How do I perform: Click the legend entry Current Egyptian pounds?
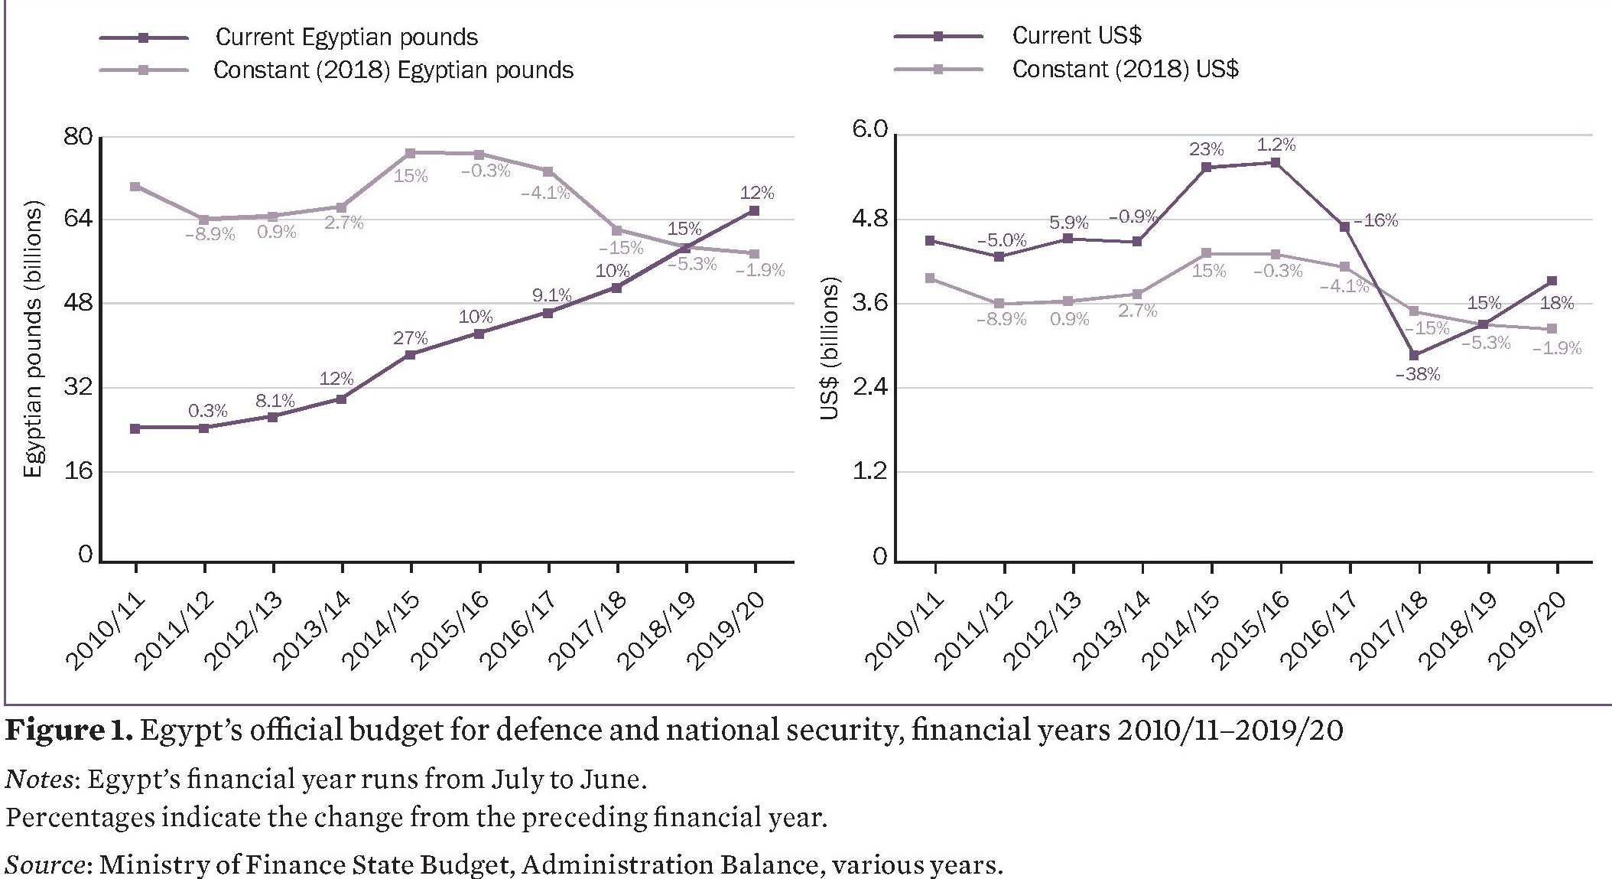pos(346,37)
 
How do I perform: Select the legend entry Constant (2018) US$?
pos(1124,70)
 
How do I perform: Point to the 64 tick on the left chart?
pos(76,219)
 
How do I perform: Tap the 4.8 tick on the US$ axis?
pos(870,220)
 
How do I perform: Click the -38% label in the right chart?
pos(1418,375)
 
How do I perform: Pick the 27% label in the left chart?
pos(411,338)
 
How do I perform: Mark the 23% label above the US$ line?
pos(1206,149)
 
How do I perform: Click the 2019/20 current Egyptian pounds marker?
pos(754,210)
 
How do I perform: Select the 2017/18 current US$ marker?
pos(1414,355)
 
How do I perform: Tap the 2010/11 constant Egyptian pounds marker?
pos(135,187)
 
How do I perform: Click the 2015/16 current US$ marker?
pos(1276,162)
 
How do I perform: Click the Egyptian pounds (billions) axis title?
pos(33,339)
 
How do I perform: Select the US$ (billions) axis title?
pos(830,348)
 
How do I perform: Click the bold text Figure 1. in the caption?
pos(69,730)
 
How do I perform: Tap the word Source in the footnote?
pos(44,864)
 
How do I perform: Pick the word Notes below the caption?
pos(39,779)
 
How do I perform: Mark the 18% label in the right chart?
pos(1556,303)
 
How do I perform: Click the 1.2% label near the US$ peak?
pos(1276,145)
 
